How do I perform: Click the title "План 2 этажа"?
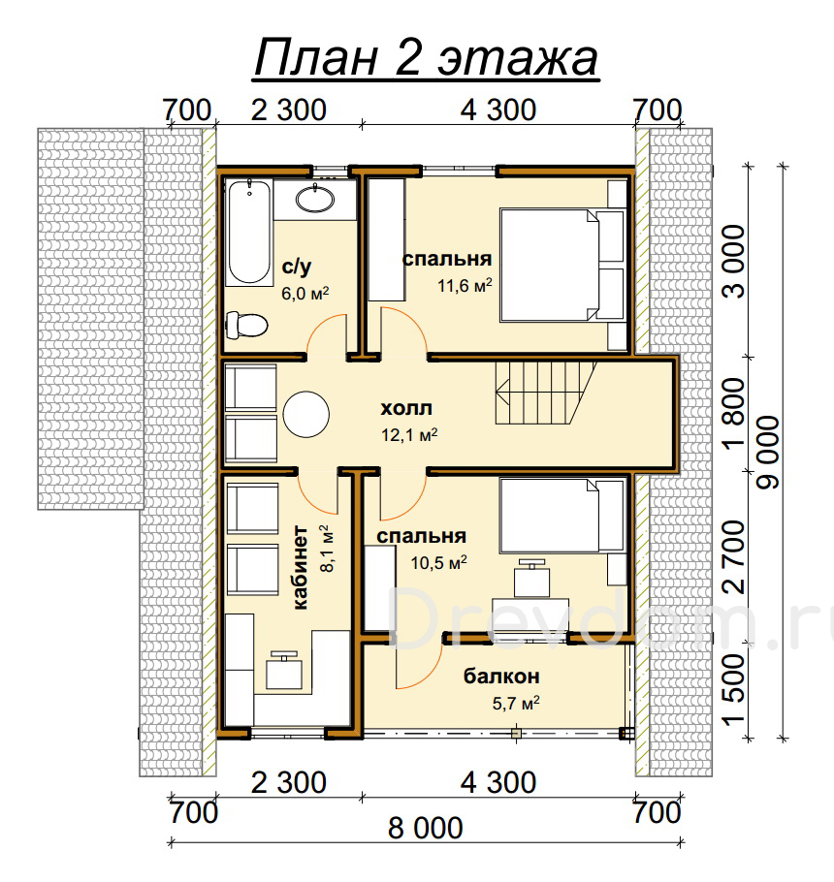click(426, 58)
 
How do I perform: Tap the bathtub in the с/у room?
click(248, 233)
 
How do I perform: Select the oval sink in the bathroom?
click(315, 199)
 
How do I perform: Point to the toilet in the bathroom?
click(246, 325)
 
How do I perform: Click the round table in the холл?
click(305, 414)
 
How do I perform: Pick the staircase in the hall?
click(545, 393)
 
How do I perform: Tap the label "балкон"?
click(501, 677)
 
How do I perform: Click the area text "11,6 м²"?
click(465, 285)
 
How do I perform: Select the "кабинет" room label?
click(301, 568)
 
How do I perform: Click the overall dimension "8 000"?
click(426, 828)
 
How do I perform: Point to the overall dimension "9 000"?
click(768, 453)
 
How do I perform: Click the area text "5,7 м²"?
click(516, 703)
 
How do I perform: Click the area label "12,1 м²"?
click(409, 435)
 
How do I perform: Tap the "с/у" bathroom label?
click(297, 267)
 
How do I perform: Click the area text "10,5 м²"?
click(438, 562)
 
